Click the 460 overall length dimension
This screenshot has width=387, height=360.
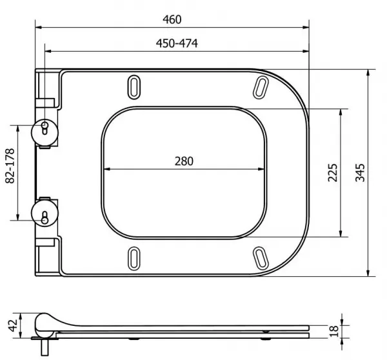pyautogui.click(x=172, y=19)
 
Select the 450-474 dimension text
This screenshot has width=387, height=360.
pyautogui.click(x=177, y=43)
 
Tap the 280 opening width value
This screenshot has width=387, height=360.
pyautogui.click(x=184, y=161)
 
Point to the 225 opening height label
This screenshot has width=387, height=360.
pyautogui.click(x=332, y=173)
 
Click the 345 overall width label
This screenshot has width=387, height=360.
pyautogui.click(x=360, y=173)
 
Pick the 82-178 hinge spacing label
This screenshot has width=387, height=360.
pyautogui.click(x=10, y=166)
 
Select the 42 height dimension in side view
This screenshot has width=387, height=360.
pyautogui.click(x=13, y=325)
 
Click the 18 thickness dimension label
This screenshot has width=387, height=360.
pyautogui.click(x=333, y=331)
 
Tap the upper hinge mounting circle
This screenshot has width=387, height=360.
pyautogui.click(x=45, y=133)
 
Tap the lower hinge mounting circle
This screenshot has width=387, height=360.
pyautogui.click(x=45, y=213)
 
